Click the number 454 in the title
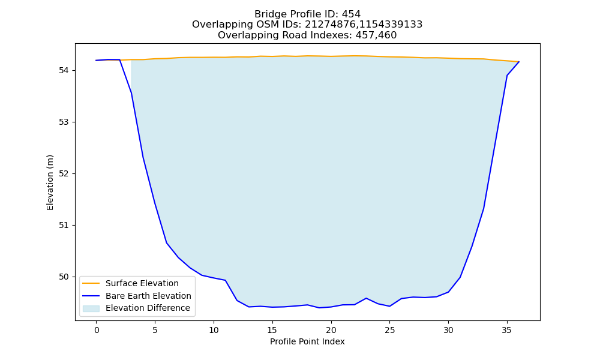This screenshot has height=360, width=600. tap(351, 14)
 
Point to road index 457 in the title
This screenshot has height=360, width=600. tap(365, 35)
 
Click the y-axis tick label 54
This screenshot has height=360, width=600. tap(64, 70)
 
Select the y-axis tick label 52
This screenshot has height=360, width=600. tap(64, 173)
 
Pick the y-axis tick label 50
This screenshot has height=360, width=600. tap(64, 277)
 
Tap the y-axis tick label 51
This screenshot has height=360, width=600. tap(64, 226)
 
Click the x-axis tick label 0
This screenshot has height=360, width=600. tap(97, 330)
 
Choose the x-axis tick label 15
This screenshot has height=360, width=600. tap(272, 330)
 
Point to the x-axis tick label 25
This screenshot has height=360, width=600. tap(389, 330)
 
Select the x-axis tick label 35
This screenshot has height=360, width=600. tap(507, 330)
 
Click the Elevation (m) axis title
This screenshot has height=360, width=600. tap(50, 182)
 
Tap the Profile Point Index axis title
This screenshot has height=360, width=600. tap(307, 341)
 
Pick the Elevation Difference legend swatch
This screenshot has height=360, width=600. tap(91, 308)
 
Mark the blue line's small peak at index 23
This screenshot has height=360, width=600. tap(366, 298)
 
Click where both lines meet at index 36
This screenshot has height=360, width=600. tap(519, 62)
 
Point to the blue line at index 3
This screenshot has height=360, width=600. tap(131, 93)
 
